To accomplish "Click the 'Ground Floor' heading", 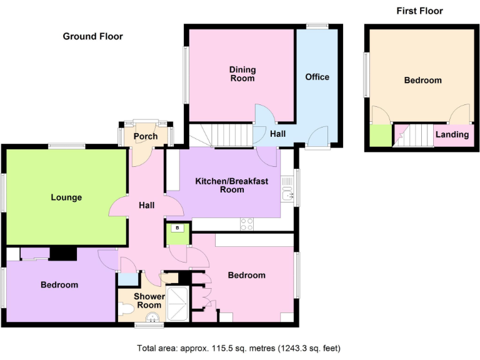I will tap(92, 36).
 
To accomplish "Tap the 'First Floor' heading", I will tap(419, 11).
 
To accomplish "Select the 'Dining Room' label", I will tap(242, 74).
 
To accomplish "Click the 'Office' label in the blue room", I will tap(317, 77).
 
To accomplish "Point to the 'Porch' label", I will tap(146, 136).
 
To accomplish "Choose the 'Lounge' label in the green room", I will tap(66, 197).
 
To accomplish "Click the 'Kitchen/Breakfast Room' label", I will tap(231, 185).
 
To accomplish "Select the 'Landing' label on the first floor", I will tap(452, 134).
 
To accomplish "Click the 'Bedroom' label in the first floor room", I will tap(422, 80).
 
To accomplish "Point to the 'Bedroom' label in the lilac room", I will tap(59, 284).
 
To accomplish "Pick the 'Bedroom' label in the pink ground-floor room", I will tap(246, 275).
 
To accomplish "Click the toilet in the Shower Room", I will tap(126, 308).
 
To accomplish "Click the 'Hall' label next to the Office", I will tap(278, 133).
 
